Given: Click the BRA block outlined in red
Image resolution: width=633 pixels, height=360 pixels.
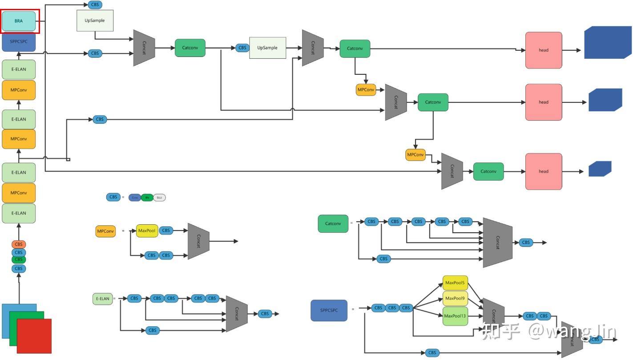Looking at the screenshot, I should tap(19, 21).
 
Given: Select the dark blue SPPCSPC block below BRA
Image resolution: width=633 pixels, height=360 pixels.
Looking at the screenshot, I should tap(19, 42).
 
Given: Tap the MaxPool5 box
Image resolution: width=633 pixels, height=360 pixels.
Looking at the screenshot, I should tap(455, 283).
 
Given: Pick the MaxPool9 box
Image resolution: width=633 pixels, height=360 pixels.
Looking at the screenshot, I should tap(455, 299).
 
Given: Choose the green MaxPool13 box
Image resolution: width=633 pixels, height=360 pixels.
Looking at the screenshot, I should tap(455, 316).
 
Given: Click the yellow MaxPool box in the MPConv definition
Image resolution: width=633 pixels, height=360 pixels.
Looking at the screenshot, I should tap(147, 231).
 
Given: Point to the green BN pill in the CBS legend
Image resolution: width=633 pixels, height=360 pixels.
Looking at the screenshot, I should tap(147, 197).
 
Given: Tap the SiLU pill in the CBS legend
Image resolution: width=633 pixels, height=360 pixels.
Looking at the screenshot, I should tap(160, 197).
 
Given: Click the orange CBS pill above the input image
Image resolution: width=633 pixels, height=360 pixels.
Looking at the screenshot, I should tap(19, 244).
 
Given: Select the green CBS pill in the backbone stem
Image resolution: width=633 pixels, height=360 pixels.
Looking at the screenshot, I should tap(19, 259).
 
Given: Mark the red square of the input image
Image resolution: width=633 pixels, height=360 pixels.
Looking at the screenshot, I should tap(34, 336).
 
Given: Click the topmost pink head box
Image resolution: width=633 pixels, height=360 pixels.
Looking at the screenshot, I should tap(544, 50).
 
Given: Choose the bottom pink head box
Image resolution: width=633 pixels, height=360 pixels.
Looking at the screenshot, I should tap(544, 171).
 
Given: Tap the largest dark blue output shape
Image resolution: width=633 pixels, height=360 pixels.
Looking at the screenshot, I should tap(608, 42).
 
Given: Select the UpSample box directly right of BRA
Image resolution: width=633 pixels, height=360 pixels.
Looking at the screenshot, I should tap(95, 20).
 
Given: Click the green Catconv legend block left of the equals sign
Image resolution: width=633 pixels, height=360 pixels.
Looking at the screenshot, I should tap(333, 224).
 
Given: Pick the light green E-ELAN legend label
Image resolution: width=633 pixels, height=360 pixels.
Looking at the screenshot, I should tap(102, 299).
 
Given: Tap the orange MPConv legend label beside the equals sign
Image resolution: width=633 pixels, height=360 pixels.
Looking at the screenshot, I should tap(105, 231).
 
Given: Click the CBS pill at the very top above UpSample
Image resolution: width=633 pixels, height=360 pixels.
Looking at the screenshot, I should tap(95, 5).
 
